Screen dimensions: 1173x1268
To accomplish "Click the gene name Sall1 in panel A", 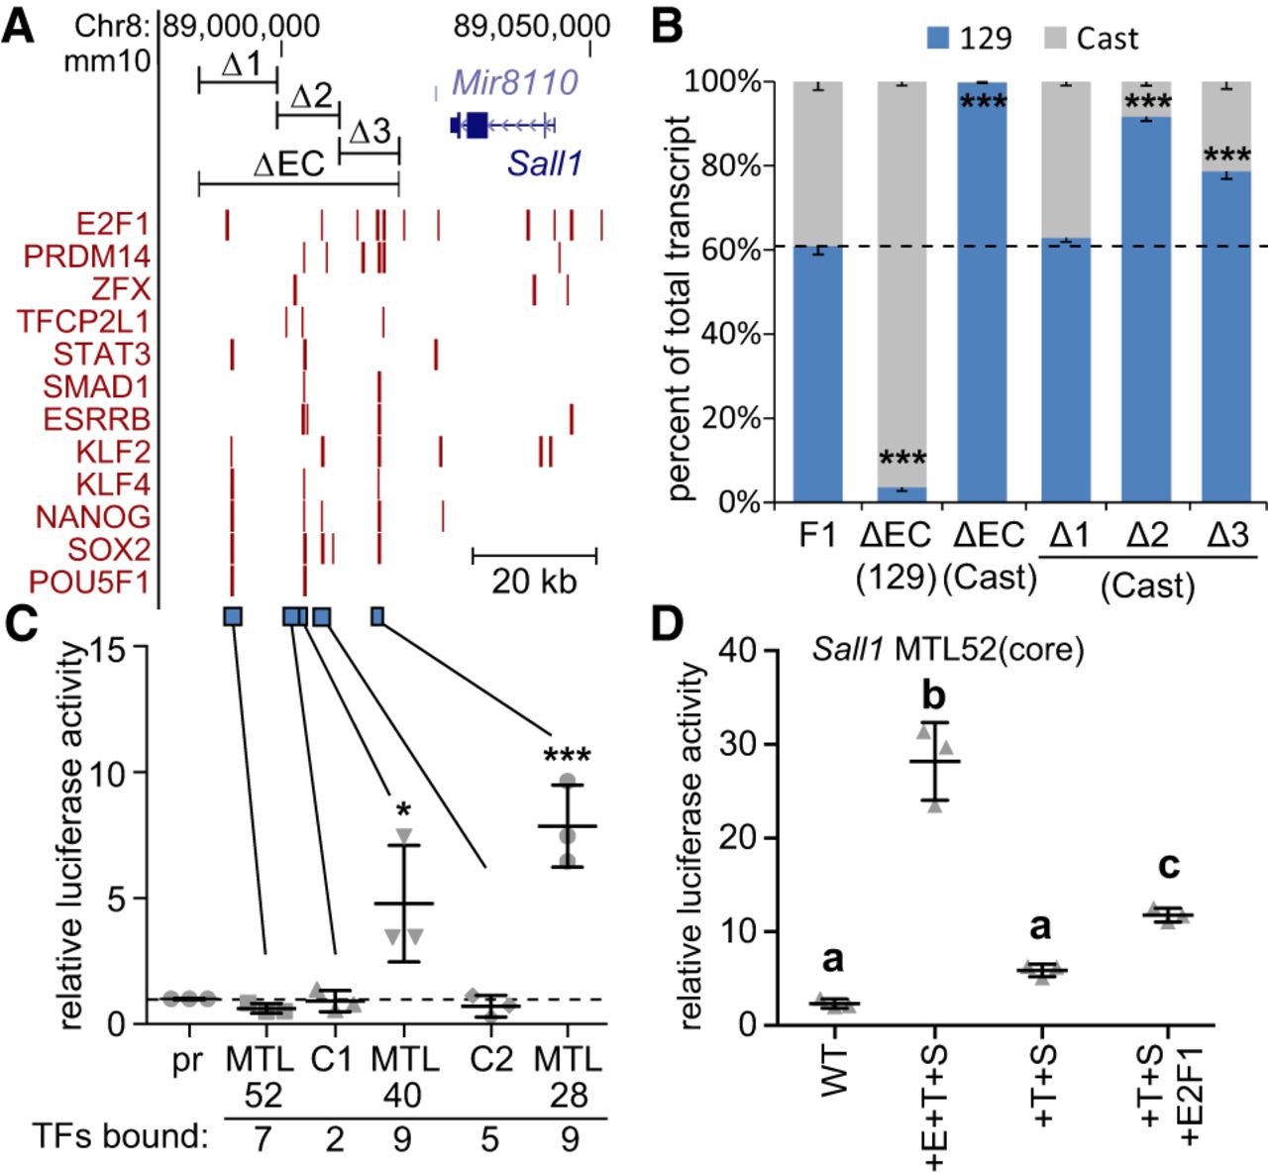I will coord(545,163).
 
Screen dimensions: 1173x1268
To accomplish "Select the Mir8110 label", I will coord(515,82).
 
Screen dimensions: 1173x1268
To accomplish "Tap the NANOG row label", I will coord(93,517).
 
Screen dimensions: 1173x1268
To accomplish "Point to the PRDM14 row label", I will coord(87,257).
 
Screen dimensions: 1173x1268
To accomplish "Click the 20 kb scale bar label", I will coord(534,581).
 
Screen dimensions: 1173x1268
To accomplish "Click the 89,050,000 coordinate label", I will coord(532,27).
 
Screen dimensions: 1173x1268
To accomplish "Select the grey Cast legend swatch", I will coord(1056,39).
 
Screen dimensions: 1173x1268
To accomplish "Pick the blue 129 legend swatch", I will coord(937,39).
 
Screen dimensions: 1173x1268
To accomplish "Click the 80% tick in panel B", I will coord(731,165).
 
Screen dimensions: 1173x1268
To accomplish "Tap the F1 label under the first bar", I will coord(818,536).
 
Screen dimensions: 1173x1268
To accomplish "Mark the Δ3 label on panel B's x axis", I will coord(1227,536).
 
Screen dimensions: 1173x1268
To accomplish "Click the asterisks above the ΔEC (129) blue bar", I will coord(902,459).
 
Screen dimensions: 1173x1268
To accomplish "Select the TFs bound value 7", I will coord(262,1139).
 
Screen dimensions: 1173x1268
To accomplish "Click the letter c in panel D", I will coord(1169,866).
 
